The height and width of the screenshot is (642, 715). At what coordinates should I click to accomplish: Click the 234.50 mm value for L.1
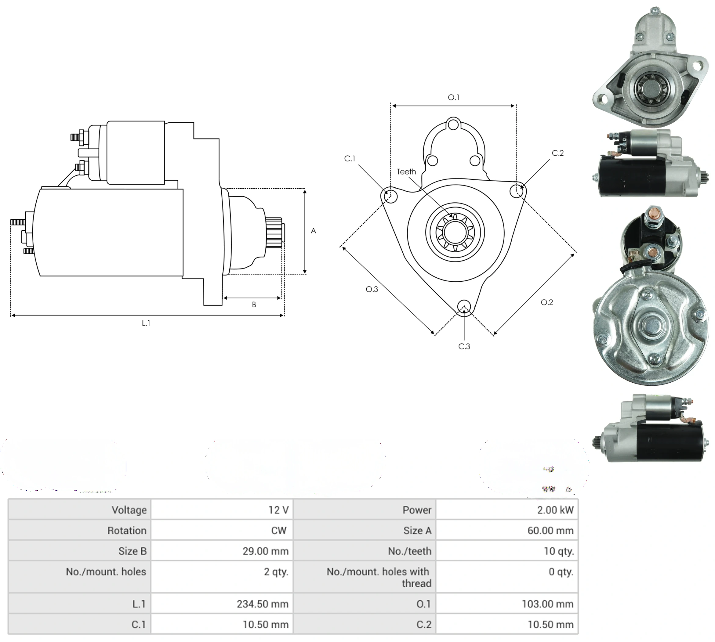262,604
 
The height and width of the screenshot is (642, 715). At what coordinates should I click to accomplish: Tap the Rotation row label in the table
127,530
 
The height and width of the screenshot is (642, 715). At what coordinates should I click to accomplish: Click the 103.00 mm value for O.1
547,604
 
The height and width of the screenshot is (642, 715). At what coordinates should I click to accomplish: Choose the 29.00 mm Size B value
265,551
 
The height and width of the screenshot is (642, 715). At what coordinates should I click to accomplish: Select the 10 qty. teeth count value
559,551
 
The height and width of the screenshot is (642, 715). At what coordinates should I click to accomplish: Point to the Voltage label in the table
129,510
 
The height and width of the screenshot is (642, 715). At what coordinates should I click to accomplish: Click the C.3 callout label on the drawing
464,346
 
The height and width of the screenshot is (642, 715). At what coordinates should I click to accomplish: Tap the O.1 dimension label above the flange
453,97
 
